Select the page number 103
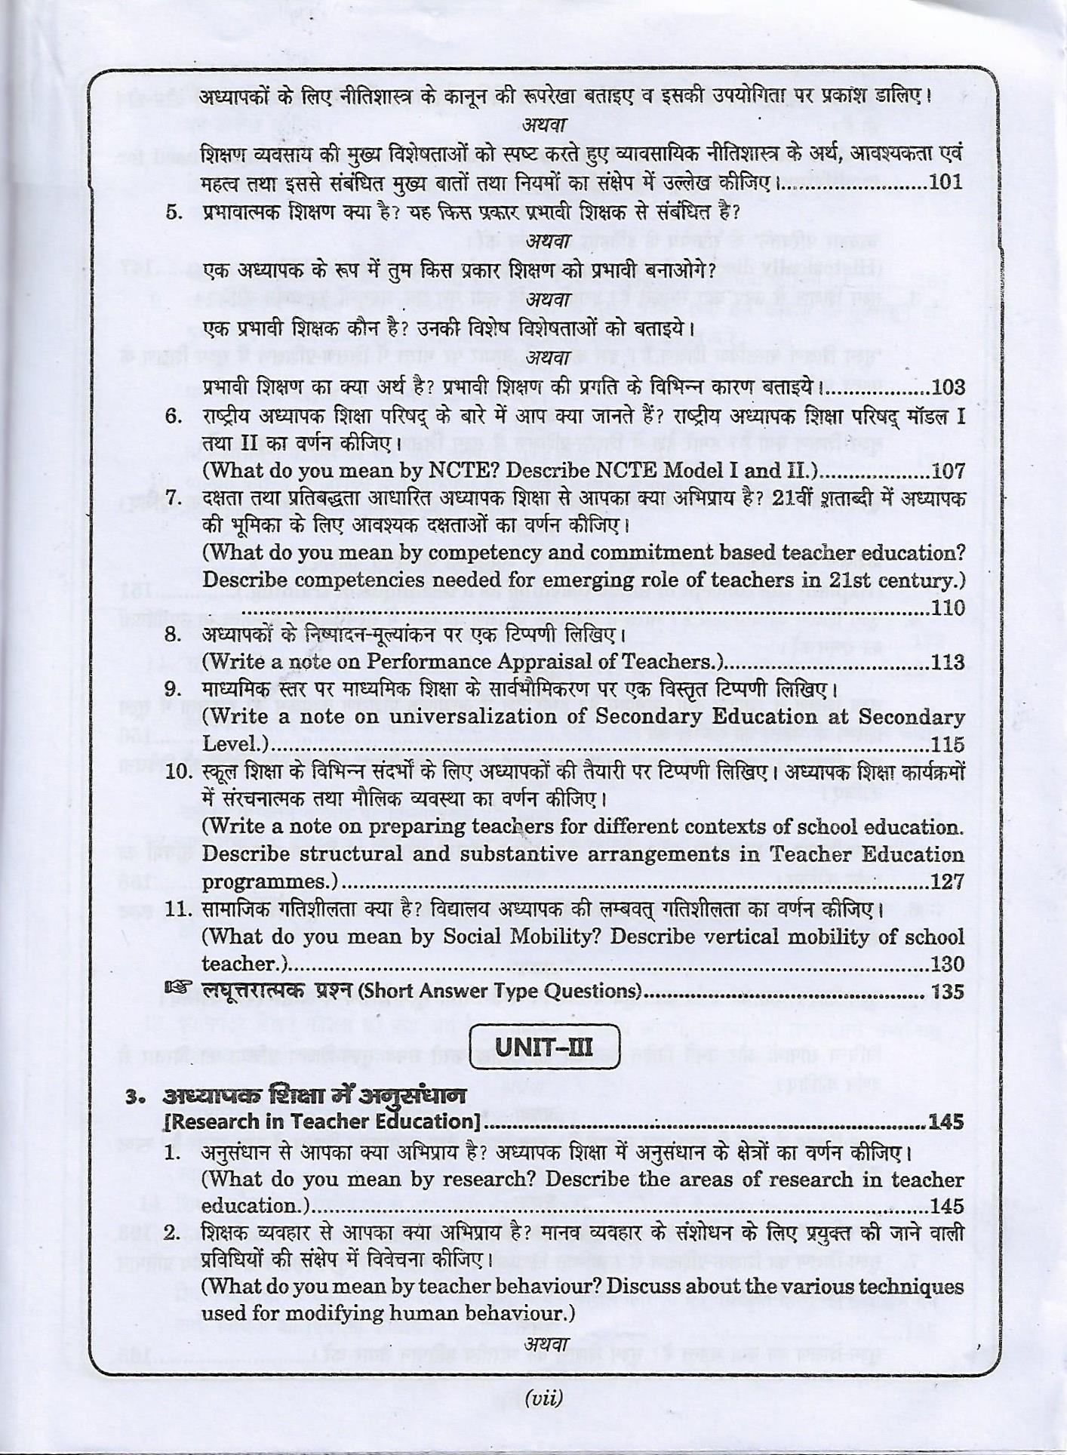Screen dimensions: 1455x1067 948,388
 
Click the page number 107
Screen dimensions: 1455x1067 948,471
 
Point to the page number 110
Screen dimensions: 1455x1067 948,608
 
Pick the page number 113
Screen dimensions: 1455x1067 948,663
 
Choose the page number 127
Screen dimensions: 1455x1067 948,882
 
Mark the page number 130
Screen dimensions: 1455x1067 948,964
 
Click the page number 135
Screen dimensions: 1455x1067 948,992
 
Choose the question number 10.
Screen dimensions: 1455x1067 179,773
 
